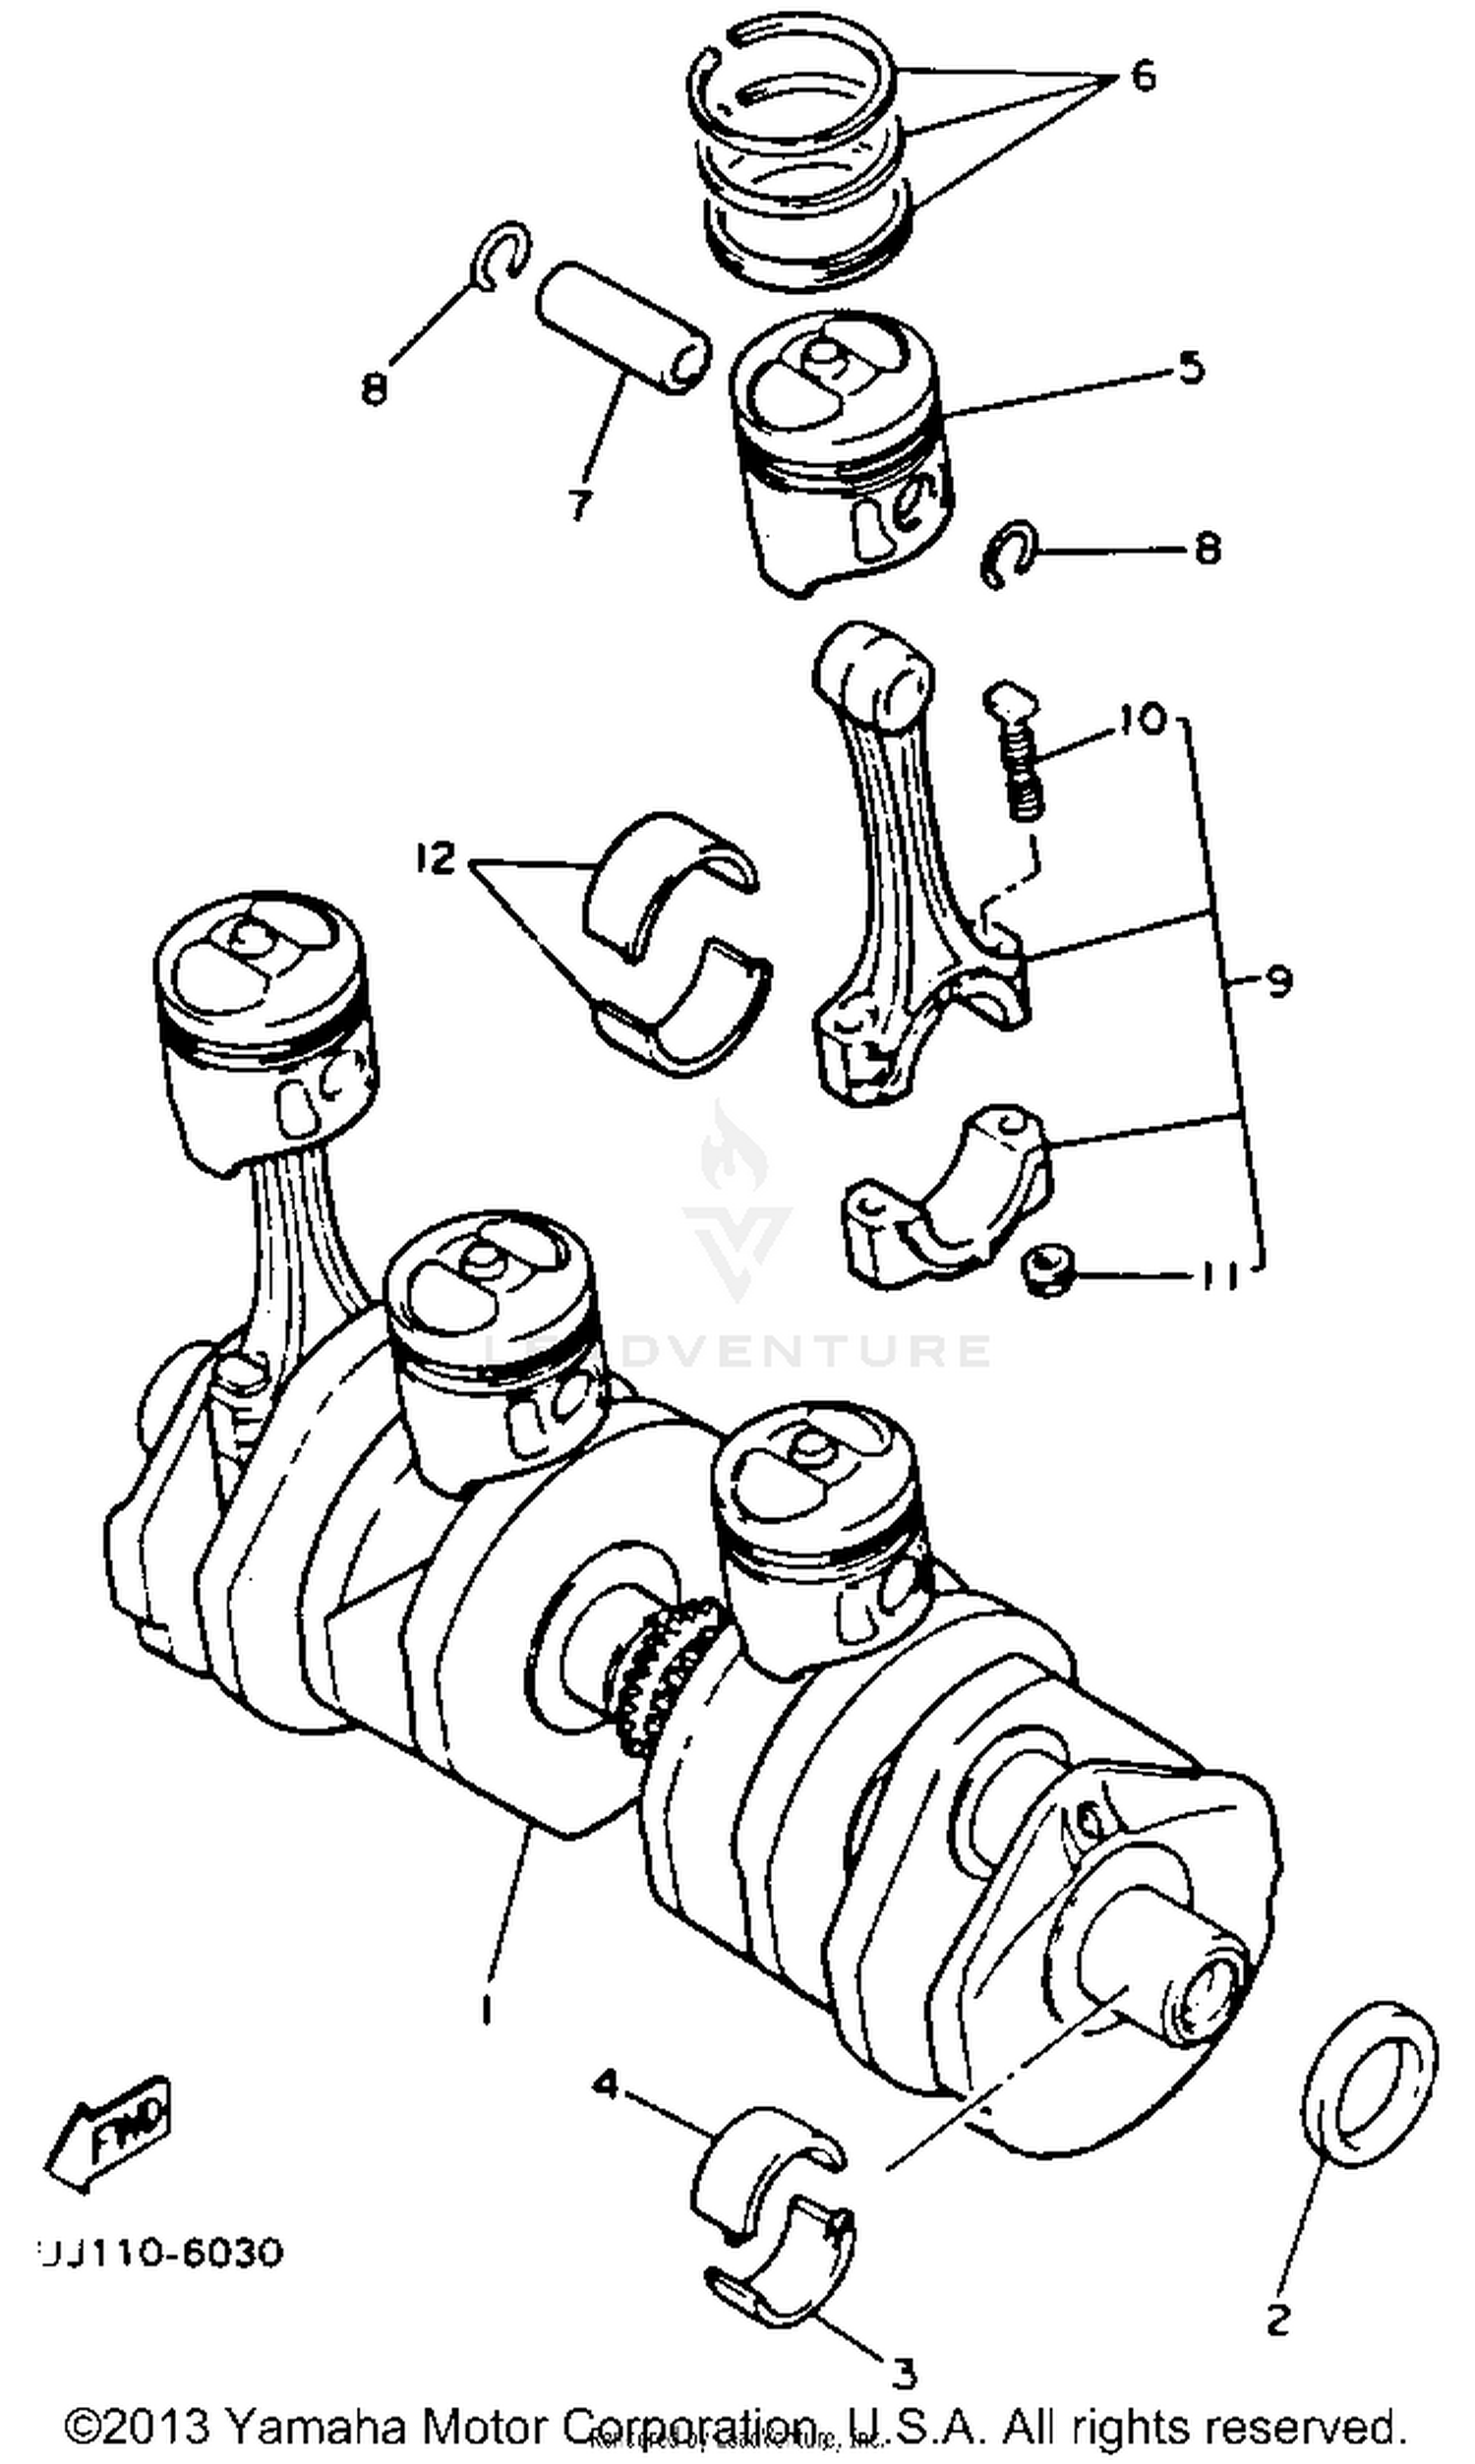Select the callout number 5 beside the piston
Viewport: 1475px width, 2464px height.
1191,368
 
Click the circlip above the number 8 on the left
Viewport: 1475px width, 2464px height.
501,257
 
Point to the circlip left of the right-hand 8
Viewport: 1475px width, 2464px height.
1009,555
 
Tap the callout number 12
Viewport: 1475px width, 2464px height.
436,856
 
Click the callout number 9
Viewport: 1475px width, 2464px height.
1278,982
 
